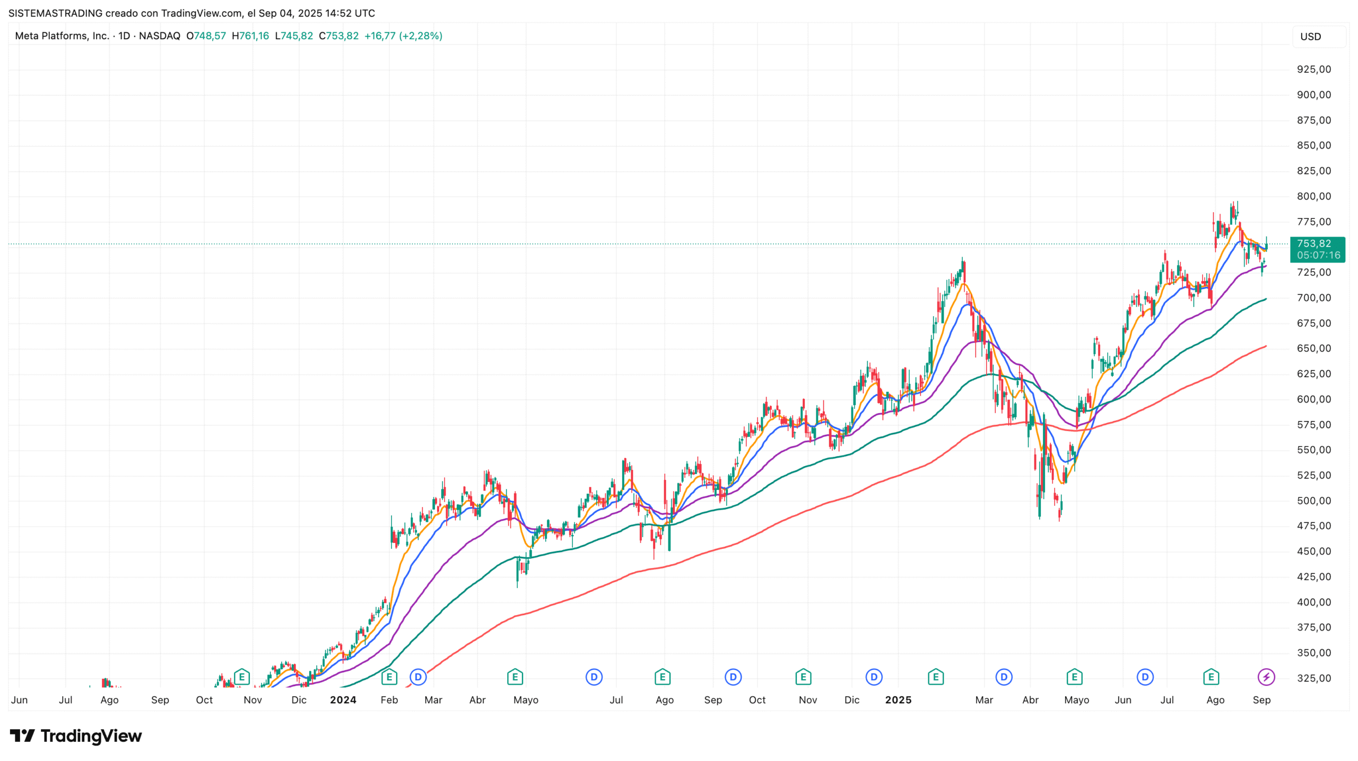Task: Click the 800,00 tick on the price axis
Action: coord(1313,196)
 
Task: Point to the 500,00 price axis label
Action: coord(1313,501)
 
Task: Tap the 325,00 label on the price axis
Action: coord(1313,678)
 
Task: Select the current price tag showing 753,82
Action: coord(1317,249)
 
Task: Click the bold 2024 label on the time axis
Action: coord(343,699)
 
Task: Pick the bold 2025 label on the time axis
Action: coord(898,699)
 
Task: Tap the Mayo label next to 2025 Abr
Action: coord(1076,699)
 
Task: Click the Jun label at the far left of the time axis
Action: coord(19,699)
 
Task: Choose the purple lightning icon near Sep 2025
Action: coord(1266,677)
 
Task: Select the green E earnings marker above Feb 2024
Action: coord(389,677)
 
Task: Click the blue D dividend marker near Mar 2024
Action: coord(418,677)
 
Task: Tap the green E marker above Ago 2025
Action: coord(1211,677)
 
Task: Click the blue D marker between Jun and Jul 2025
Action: coord(1145,677)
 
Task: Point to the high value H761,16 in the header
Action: coord(250,36)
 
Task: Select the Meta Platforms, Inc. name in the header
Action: coord(62,36)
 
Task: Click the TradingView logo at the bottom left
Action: coord(76,736)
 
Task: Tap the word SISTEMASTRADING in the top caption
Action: coord(55,13)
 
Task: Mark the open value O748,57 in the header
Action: coord(206,36)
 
